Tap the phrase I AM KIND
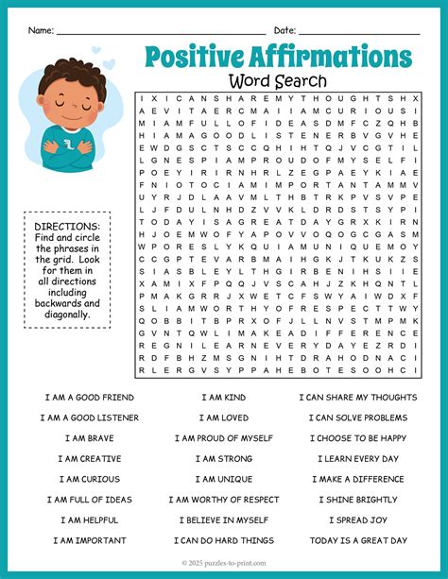click(x=223, y=397)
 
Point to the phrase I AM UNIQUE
click(x=223, y=479)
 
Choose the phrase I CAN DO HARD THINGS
click(x=223, y=541)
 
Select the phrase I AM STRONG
click(x=223, y=458)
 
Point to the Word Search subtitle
click(x=279, y=81)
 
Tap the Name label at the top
click(x=41, y=30)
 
